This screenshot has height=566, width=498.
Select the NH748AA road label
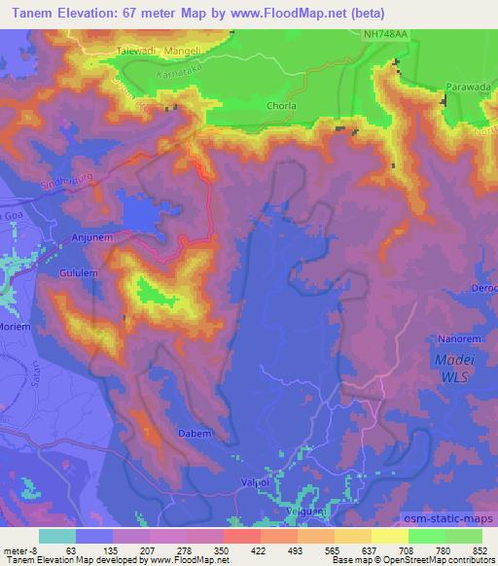(x=387, y=33)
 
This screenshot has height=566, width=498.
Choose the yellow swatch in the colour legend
(x=388, y=535)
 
